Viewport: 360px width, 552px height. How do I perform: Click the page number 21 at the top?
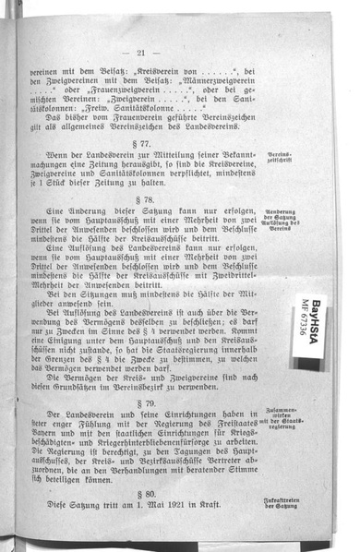coord(140,53)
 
